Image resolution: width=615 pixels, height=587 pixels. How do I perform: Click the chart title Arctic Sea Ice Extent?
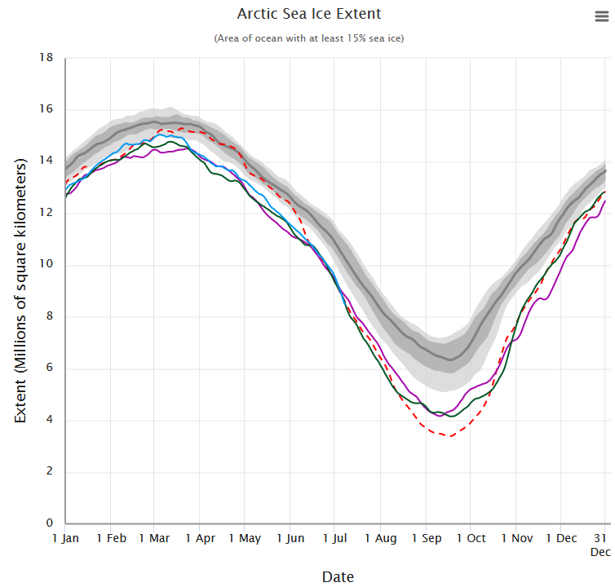(309, 14)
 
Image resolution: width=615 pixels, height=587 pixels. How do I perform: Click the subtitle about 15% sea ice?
(309, 38)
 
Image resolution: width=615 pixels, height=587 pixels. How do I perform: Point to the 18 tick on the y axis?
(46, 58)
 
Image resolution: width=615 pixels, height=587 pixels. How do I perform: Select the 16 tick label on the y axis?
(46, 110)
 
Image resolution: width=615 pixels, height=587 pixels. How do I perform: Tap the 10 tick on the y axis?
(46, 265)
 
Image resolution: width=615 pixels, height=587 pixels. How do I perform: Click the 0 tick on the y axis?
(50, 523)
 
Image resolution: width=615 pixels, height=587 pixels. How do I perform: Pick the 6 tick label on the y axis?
(50, 369)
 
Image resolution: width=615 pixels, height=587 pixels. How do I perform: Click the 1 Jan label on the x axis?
(65, 538)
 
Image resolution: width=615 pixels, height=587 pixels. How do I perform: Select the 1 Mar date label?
(154, 538)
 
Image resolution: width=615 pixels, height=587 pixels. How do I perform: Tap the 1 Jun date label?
(290, 538)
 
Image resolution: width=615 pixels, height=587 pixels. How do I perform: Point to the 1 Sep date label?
(426, 538)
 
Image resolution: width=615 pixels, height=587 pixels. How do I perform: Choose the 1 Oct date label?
(471, 538)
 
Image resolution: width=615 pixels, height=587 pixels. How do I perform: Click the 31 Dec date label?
(600, 545)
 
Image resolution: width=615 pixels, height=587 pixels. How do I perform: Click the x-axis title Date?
(338, 577)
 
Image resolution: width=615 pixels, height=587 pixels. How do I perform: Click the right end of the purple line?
(605, 201)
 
